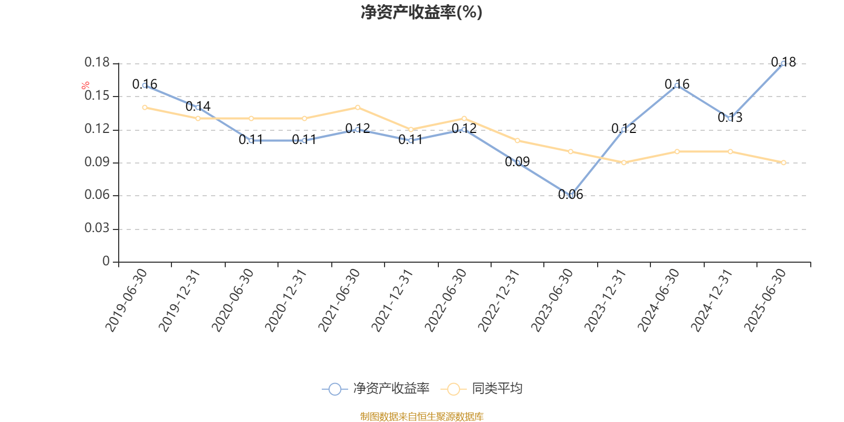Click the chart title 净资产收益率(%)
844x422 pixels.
point(421,12)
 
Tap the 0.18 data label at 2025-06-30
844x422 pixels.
point(783,62)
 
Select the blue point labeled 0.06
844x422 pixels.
point(570,195)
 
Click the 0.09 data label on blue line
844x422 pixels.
point(517,162)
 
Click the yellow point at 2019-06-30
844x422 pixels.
point(145,108)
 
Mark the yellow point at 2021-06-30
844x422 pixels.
point(358,108)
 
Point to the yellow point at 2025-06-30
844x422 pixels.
point(783,162)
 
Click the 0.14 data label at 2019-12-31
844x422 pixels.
point(198,107)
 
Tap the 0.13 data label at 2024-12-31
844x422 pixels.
point(730,118)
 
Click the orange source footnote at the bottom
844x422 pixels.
point(421,417)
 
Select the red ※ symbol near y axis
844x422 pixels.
point(85,86)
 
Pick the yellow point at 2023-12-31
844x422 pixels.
point(624,162)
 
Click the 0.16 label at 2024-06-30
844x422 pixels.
point(677,84)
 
